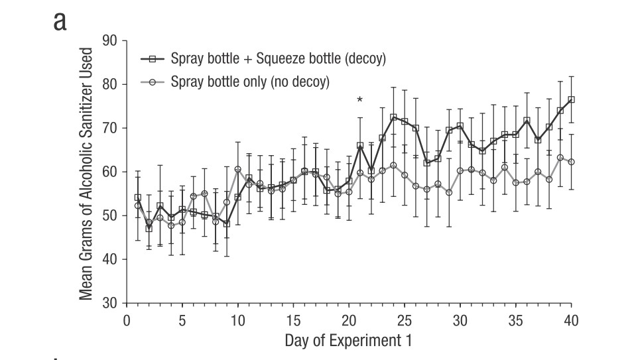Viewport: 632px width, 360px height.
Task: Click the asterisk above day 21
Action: point(359,101)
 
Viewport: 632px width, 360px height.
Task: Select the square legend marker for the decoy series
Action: point(153,58)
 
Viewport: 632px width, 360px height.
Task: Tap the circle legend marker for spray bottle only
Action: point(153,82)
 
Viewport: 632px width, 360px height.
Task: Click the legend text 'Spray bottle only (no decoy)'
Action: point(250,82)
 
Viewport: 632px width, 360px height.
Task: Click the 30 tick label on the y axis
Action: point(109,303)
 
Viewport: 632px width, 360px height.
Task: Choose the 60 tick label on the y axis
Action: point(109,172)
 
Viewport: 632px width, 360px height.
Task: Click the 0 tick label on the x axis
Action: point(127,321)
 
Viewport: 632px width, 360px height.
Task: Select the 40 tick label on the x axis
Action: point(571,321)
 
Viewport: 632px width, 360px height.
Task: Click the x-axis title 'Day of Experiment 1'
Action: point(349,341)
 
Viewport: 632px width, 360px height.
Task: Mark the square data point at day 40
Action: point(571,99)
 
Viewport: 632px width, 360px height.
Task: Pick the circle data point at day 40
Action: point(571,162)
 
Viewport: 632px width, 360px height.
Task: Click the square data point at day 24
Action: point(393,117)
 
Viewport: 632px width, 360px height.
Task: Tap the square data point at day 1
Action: point(138,198)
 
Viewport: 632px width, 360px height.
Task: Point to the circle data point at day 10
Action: point(237,169)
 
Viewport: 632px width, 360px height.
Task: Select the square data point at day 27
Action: point(426,163)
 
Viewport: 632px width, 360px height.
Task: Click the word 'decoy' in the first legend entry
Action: point(363,58)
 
